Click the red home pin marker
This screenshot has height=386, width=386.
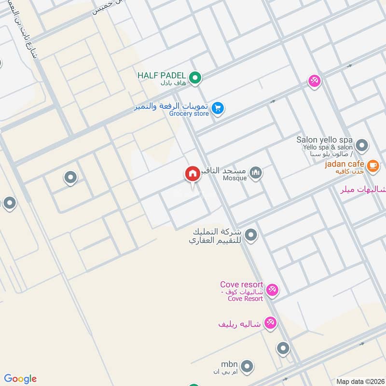(x=192, y=174)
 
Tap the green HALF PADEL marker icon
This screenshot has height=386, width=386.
(x=195, y=77)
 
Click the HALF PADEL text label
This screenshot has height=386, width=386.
(x=162, y=76)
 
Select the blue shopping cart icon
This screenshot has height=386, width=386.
(x=218, y=108)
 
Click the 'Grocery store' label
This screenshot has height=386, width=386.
(x=189, y=114)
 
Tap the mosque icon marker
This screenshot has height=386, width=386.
(x=256, y=172)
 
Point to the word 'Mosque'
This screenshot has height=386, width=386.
(x=235, y=178)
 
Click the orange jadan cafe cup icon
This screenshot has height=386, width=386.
(x=372, y=165)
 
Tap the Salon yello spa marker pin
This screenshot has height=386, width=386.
(x=361, y=145)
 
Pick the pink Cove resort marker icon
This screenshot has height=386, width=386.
(x=272, y=289)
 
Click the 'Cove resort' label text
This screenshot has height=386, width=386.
(x=241, y=285)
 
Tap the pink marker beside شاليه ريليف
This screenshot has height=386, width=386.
(x=270, y=323)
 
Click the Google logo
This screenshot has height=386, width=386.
(x=20, y=379)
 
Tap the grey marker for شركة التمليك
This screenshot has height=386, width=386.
(x=250, y=235)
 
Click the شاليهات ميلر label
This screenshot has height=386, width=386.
(x=368, y=190)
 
